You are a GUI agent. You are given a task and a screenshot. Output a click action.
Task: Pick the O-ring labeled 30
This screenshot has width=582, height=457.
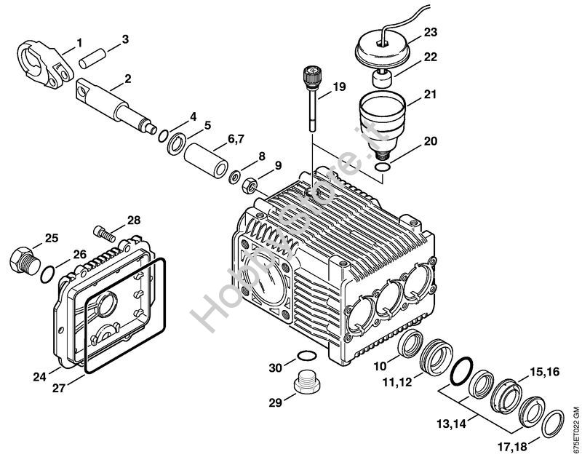point(307,357)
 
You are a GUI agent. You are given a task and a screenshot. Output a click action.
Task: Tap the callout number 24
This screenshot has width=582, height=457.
point(39,376)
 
